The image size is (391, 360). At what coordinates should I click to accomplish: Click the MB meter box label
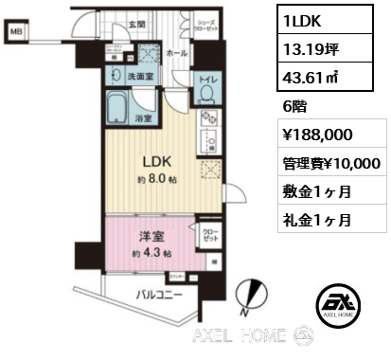click(14, 30)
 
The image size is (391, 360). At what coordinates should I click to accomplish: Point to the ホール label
click(176, 55)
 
